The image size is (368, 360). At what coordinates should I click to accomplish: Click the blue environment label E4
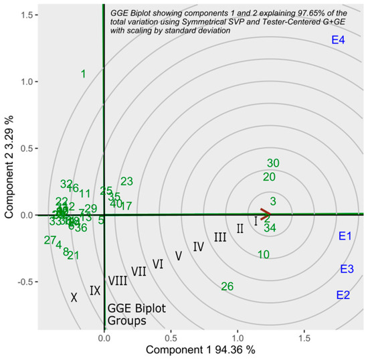(338, 41)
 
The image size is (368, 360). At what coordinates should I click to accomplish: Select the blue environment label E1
(345, 236)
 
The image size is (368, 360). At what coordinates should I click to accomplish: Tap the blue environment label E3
(347, 269)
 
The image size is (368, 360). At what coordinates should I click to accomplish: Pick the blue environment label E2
(343, 294)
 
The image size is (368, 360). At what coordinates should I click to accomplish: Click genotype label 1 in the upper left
(83, 74)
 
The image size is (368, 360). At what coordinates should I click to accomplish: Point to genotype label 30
(273, 163)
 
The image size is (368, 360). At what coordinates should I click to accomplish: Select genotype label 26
(227, 286)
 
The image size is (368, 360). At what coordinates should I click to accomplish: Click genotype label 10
(264, 254)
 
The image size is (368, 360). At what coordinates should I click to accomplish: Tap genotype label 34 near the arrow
(270, 228)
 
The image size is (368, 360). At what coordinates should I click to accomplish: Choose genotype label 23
(126, 181)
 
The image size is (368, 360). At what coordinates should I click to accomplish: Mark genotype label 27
(50, 240)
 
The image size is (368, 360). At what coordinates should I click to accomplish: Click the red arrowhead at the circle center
(266, 215)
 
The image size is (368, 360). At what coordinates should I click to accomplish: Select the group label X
(74, 298)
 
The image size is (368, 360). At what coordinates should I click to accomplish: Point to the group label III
(220, 237)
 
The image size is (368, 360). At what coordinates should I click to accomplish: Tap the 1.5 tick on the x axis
(304, 339)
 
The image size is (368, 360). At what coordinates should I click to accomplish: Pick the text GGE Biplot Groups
(128, 315)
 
